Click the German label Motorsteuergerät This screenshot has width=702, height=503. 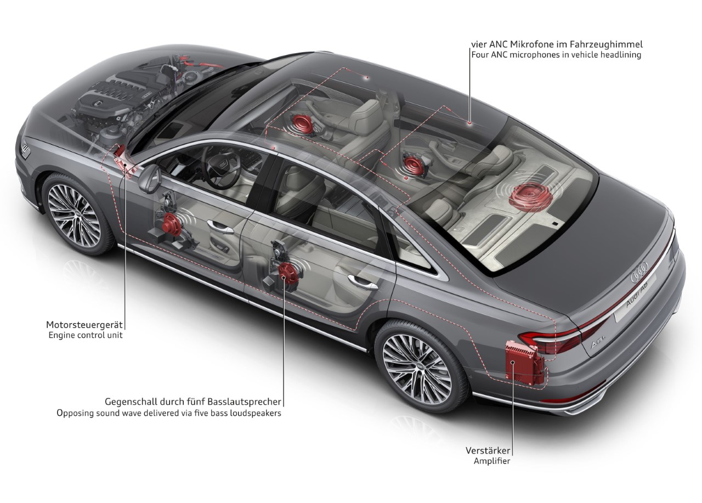(x=84, y=325)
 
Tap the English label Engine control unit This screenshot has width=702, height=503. (x=86, y=335)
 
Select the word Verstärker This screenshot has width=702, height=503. (x=488, y=450)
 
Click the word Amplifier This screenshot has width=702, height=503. (x=492, y=461)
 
